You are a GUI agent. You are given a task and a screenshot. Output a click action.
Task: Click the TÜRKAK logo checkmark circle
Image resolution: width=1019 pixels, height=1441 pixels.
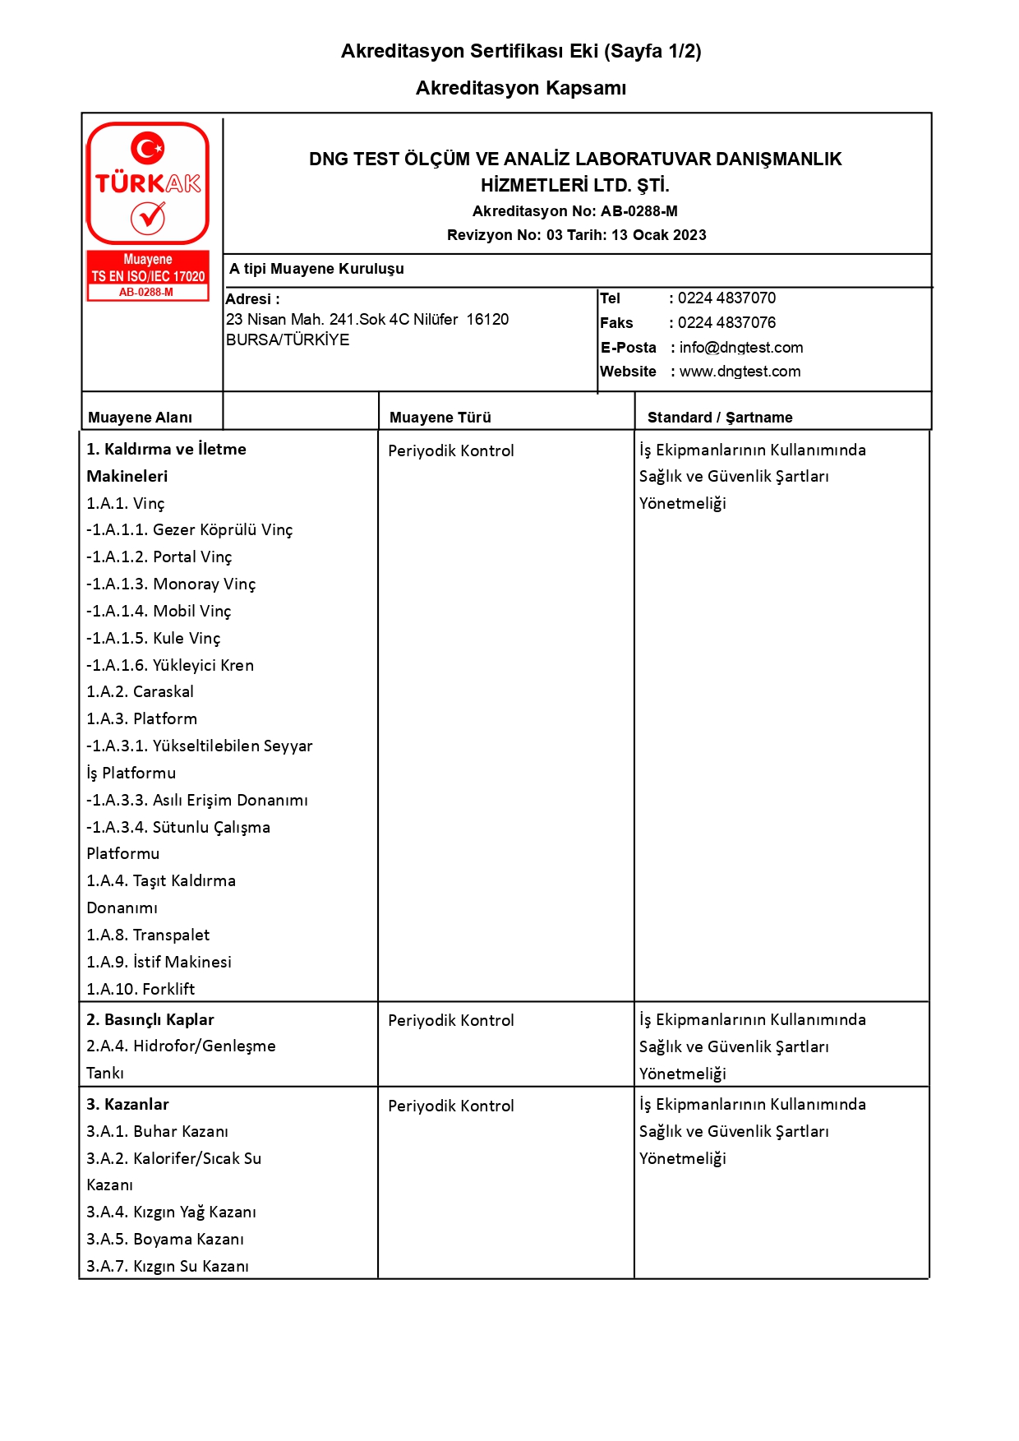point(148,218)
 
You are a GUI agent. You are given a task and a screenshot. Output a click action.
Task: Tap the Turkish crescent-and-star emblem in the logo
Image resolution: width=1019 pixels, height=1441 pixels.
point(148,149)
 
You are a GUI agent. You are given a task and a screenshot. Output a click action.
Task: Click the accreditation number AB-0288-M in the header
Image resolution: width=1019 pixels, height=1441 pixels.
point(639,211)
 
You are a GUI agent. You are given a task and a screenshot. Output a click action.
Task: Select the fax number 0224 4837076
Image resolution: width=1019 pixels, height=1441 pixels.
point(726,323)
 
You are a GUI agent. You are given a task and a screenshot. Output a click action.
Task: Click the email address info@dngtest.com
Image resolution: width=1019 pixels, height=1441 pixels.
point(740,348)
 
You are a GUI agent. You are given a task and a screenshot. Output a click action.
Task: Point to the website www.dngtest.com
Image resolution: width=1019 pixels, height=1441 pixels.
point(740,372)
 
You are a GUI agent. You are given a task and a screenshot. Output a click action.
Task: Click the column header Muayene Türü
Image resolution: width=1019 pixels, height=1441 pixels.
point(440,418)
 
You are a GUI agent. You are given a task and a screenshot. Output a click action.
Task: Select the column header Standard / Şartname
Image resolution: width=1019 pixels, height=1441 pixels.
point(720,418)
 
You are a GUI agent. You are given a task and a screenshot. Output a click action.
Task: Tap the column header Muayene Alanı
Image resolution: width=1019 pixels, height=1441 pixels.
point(140,418)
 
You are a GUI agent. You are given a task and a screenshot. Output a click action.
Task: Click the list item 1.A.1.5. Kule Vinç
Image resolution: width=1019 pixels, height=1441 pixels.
point(154,639)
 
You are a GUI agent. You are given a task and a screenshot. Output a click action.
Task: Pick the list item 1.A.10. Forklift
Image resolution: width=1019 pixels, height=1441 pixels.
point(141,990)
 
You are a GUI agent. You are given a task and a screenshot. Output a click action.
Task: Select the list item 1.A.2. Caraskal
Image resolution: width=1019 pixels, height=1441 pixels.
point(140,692)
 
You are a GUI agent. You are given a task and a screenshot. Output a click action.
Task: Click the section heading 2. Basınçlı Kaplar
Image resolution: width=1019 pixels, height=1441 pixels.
point(150,1020)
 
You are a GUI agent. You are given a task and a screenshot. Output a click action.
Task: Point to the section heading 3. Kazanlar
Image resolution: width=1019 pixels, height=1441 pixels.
point(127,1105)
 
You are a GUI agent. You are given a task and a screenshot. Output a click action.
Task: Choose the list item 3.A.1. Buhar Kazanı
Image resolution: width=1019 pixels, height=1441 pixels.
point(157,1132)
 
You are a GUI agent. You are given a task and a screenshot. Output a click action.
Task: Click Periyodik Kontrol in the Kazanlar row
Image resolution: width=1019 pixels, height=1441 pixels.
point(450,1106)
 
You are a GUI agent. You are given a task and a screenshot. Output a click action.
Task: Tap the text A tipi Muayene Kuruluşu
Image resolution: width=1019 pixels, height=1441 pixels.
point(316,269)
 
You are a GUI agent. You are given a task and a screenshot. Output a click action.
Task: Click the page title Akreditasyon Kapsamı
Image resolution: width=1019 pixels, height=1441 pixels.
point(521,88)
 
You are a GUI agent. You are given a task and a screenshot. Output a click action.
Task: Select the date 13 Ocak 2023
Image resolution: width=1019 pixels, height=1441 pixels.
point(658,235)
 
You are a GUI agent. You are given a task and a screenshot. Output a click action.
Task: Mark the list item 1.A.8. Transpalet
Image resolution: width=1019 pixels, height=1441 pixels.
point(148,935)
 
